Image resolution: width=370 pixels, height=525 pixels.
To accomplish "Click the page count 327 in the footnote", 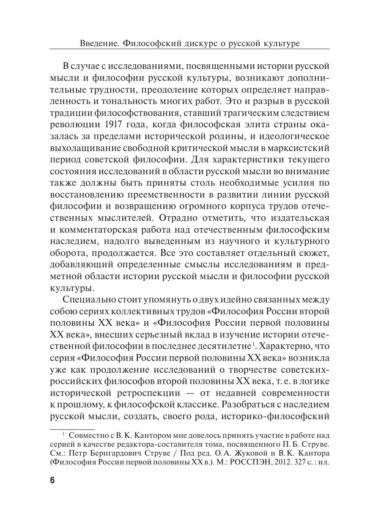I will tap(303, 462).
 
